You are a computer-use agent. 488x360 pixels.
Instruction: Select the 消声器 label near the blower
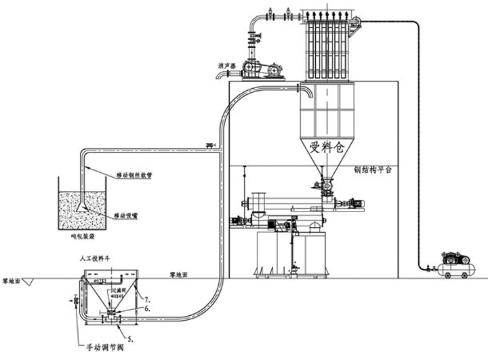coord(226,66)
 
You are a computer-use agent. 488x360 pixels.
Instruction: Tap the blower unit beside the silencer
coord(260,70)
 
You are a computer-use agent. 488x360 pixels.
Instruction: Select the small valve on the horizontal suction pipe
coord(209,144)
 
